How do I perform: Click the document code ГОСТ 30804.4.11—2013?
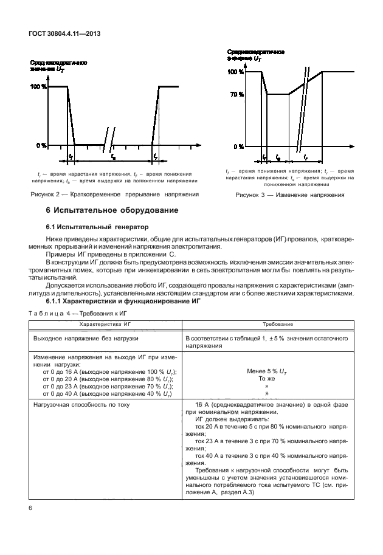click(x=63, y=34)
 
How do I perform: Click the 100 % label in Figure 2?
click(x=38, y=87)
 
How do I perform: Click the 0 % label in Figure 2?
click(x=41, y=145)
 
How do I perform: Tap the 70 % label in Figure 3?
click(x=236, y=94)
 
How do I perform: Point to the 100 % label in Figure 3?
click(x=235, y=72)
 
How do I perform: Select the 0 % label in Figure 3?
click(x=239, y=147)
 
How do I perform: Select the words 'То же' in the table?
click(x=265, y=378)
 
